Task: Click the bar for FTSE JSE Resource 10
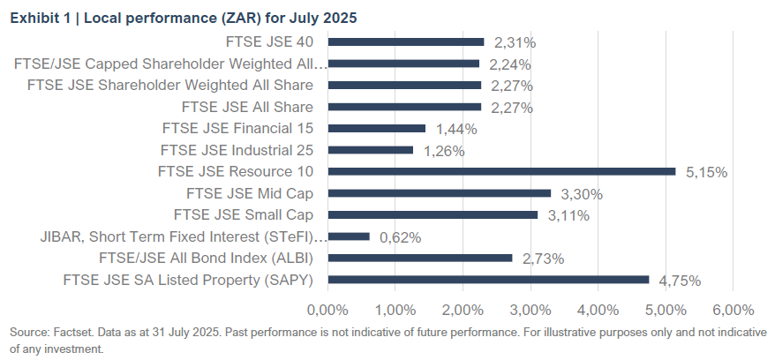point(501,171)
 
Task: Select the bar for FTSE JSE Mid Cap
point(439,193)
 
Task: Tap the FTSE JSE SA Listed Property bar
point(488,280)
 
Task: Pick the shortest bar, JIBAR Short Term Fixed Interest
point(349,236)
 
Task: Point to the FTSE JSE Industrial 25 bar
point(370,150)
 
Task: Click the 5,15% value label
point(706,172)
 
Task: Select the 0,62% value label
point(400,237)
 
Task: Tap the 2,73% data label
point(543,259)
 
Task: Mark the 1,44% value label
point(456,129)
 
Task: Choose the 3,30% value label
point(582,194)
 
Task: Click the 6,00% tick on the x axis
point(733,310)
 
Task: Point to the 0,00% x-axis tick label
point(327,310)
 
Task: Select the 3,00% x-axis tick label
point(530,310)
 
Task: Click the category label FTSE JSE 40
point(276,41)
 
